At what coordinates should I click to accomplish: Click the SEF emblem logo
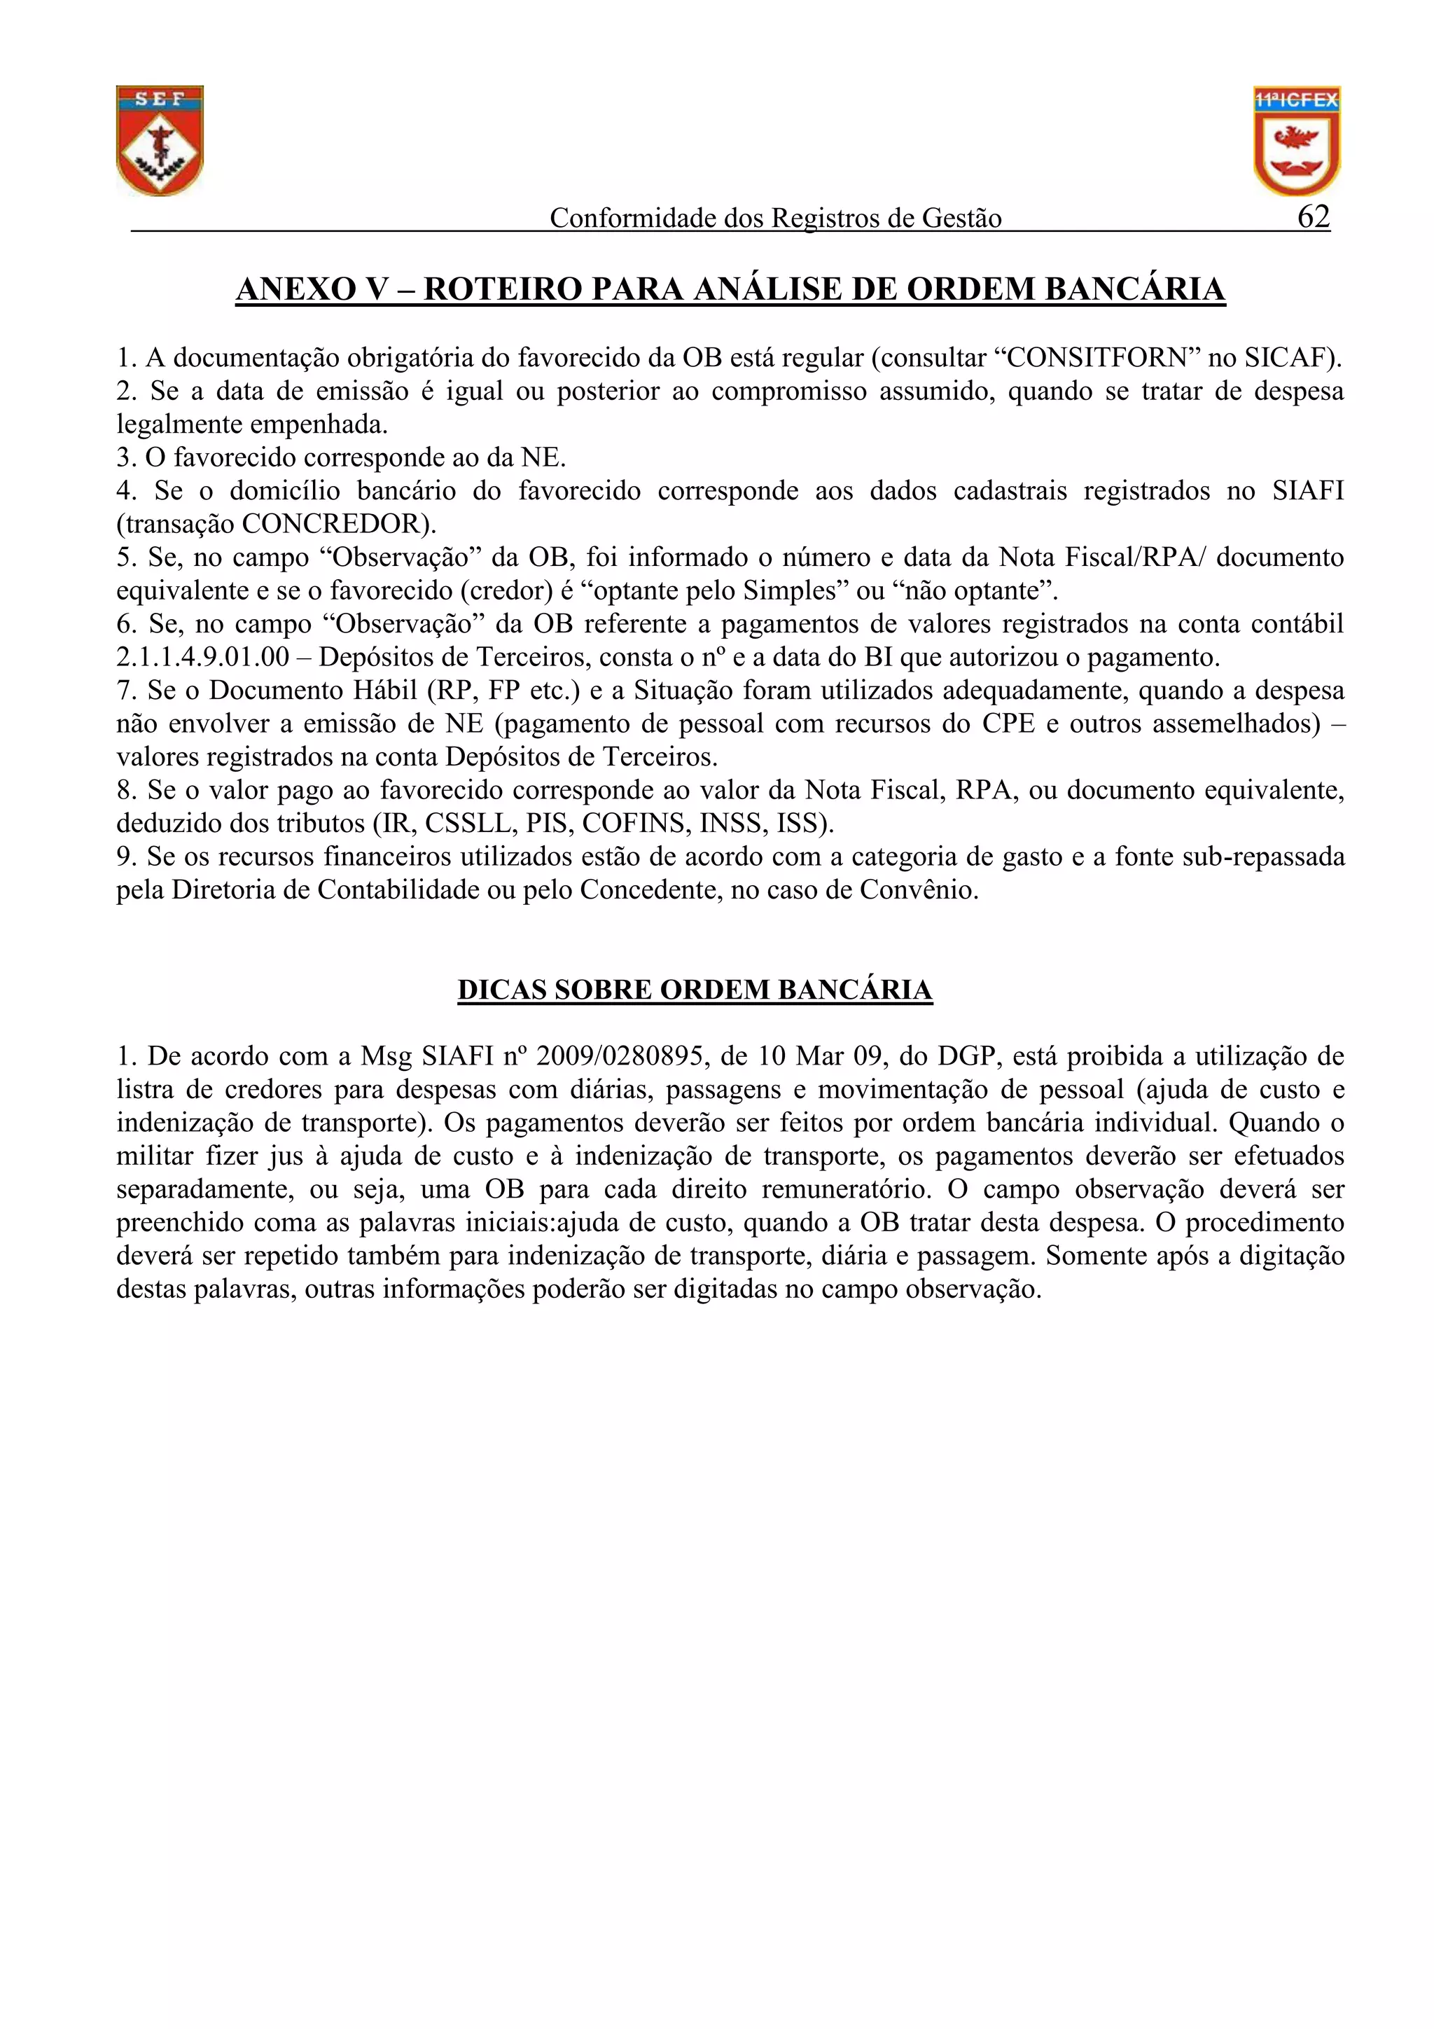tap(160, 141)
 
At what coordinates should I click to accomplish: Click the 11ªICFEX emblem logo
tap(1296, 141)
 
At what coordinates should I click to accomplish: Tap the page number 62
tap(1313, 216)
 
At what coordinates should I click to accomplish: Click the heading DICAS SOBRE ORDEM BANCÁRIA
tap(695, 990)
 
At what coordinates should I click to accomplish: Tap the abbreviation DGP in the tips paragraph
tap(966, 1056)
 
